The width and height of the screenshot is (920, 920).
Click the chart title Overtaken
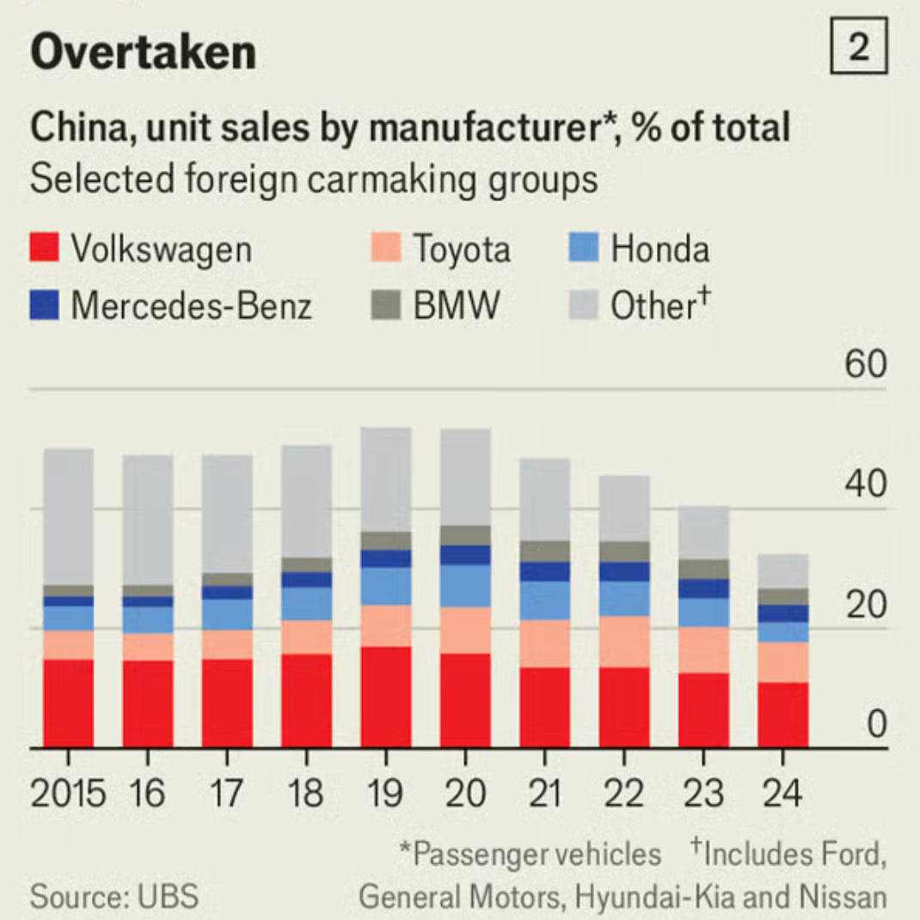click(x=143, y=52)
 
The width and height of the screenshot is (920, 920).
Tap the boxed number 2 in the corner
click(x=859, y=50)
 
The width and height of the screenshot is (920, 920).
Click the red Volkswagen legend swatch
click(x=44, y=248)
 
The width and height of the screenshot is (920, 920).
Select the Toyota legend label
click(x=462, y=249)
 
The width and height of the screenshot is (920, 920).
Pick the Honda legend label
click(x=659, y=249)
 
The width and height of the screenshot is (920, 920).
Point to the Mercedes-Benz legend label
click(x=191, y=305)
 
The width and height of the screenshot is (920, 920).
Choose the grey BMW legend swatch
click(x=386, y=305)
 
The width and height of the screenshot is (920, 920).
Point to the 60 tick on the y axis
click(x=864, y=365)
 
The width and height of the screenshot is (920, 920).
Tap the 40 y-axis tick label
click(x=864, y=485)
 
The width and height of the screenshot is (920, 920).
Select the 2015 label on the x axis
click(x=69, y=793)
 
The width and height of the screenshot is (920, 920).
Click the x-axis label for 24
click(x=782, y=793)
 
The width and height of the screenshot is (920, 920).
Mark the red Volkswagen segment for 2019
click(x=386, y=696)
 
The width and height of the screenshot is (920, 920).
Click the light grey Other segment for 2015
click(x=69, y=516)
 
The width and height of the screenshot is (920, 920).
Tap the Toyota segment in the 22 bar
click(x=624, y=641)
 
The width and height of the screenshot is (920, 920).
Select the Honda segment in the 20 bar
click(x=465, y=586)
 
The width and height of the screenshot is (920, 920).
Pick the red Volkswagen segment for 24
click(x=782, y=715)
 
